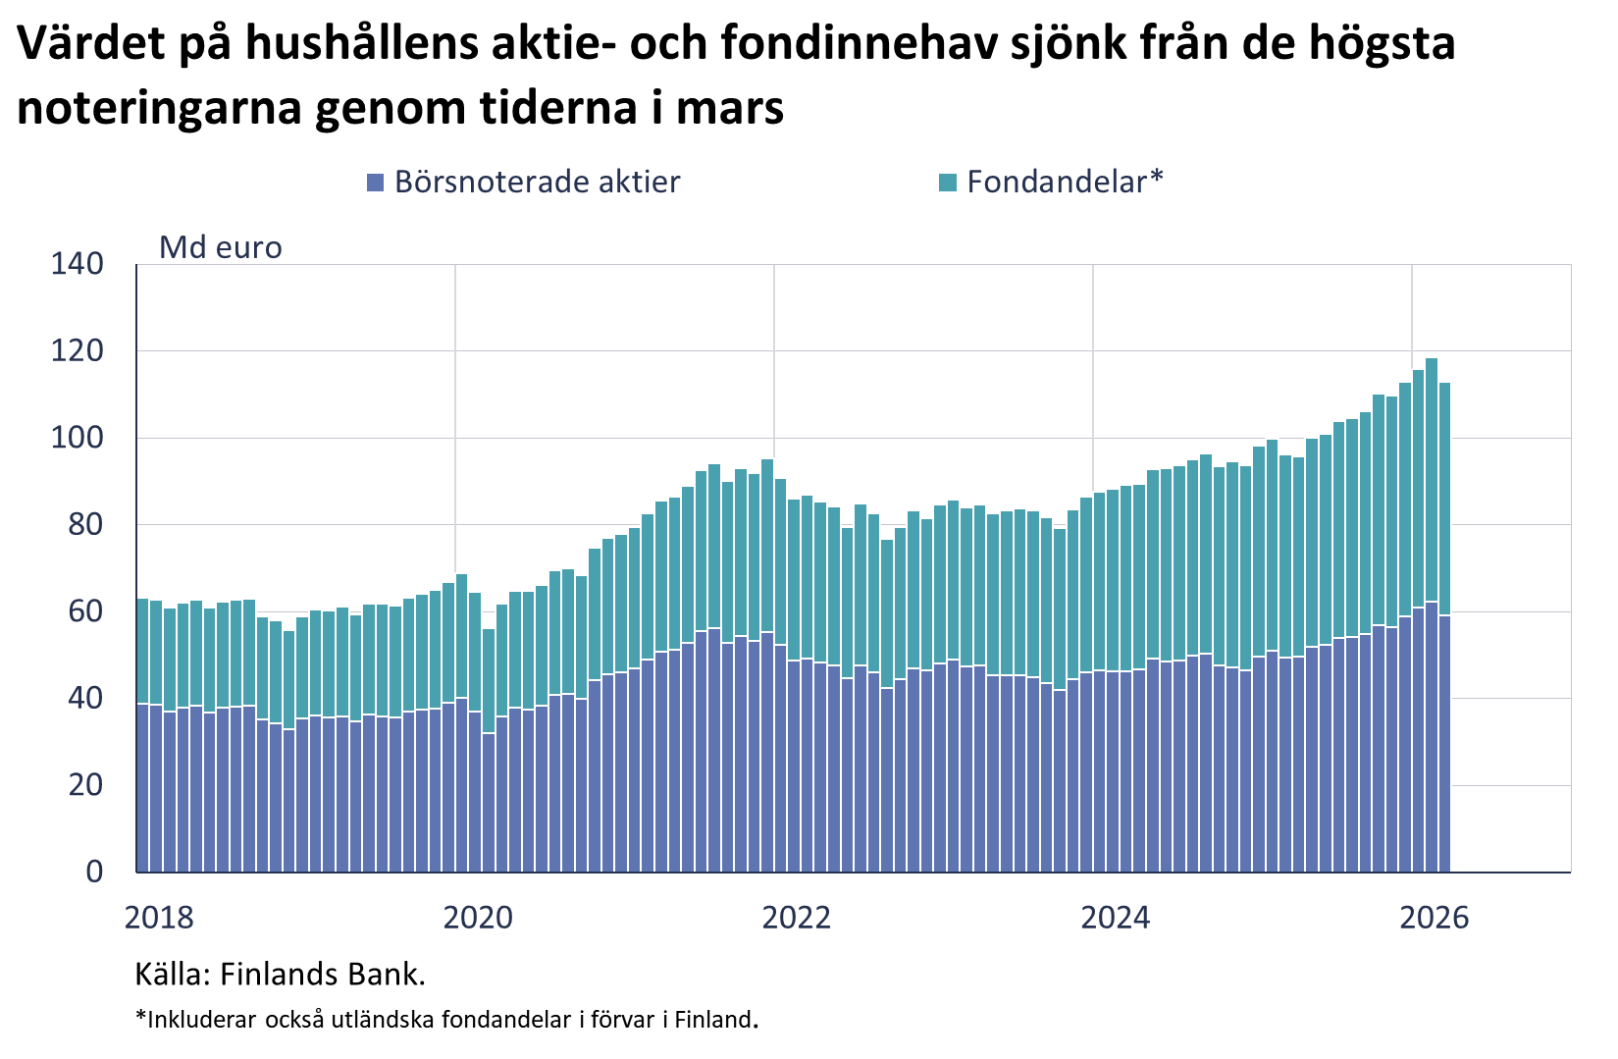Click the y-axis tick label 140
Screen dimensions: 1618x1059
pos(78,264)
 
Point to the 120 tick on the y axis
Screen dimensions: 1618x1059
pos(78,351)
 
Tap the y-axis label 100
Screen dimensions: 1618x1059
pos(78,438)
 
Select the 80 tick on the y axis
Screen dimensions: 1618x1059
pos(86,524)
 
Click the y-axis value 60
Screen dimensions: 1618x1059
pos(86,611)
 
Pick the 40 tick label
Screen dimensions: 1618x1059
pos(86,698)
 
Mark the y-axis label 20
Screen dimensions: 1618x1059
pos(86,784)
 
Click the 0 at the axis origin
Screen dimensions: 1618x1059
pos(94,872)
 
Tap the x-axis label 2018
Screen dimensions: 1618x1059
pos(159,918)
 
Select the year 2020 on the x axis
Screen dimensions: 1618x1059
pos(478,918)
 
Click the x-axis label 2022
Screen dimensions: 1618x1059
pos(797,918)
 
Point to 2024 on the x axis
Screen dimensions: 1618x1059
pos(1116,918)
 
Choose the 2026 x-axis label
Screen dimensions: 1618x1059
pos(1435,918)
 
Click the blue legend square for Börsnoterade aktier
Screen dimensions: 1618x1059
pos(375,183)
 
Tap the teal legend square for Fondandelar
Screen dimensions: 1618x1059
pos(948,183)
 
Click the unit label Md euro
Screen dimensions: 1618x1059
pos(221,247)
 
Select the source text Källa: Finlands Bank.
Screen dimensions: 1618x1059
pos(281,975)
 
